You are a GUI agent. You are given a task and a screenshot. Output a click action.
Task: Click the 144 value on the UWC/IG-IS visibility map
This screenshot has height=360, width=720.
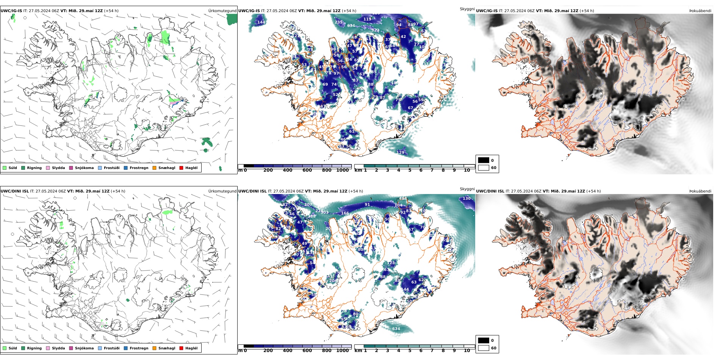coord(261,22)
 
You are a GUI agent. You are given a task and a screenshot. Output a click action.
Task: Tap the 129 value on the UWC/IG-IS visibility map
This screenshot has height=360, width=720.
coord(400,152)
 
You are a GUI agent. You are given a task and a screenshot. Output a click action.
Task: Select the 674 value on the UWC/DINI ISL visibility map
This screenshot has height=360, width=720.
coord(396,329)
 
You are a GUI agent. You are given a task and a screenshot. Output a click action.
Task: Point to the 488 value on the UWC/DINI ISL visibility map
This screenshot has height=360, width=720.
coord(403,198)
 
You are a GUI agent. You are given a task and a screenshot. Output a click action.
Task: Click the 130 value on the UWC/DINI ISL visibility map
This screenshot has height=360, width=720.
coord(466,198)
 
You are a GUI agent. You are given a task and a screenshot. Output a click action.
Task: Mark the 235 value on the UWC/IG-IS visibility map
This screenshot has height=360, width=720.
coord(338,22)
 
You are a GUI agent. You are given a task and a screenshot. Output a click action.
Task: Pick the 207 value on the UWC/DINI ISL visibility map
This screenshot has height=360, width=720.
coord(308,204)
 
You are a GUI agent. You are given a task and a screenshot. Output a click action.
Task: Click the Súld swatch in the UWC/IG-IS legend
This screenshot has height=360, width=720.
coord(5,168)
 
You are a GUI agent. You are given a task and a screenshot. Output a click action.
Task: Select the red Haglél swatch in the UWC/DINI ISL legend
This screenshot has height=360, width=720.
coord(181,348)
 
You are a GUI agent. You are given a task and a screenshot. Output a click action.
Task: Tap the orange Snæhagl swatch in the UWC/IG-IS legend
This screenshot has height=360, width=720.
coord(154,168)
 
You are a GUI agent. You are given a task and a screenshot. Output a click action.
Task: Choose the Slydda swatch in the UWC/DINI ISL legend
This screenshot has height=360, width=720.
coord(48,348)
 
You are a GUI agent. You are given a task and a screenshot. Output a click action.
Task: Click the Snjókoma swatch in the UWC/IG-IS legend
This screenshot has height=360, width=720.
coord(71,168)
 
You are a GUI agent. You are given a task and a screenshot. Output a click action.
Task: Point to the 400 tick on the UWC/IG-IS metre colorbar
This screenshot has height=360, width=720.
coord(288,170)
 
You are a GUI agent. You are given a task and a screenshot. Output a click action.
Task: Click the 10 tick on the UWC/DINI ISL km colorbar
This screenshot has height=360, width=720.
coord(467,351)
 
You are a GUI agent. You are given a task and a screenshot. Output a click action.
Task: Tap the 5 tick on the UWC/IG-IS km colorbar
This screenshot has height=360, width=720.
coord(410,170)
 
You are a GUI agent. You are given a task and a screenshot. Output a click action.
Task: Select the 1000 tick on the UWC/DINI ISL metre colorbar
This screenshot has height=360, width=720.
coord(342,351)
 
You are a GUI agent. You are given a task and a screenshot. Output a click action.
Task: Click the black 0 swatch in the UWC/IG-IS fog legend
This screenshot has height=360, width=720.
coord(484,160)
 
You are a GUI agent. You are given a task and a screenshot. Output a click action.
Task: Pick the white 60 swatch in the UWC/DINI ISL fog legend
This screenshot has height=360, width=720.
coord(484,348)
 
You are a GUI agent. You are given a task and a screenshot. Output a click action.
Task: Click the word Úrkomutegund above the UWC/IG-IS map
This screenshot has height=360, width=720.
coord(222,11)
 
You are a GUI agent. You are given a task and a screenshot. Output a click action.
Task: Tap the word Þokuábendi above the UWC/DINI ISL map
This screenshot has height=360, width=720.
coord(700,191)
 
